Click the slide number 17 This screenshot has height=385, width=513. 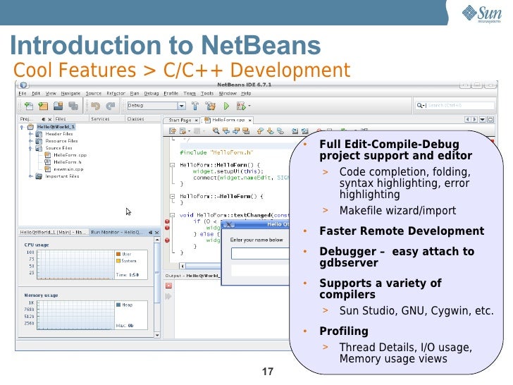pyautogui.click(x=267, y=372)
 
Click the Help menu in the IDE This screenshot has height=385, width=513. pyautogui.click(x=246, y=93)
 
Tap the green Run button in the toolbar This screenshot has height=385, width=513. pyautogui.click(x=226, y=106)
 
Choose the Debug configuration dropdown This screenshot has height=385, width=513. pyautogui.click(x=156, y=106)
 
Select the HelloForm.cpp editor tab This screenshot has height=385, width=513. pyautogui.click(x=225, y=120)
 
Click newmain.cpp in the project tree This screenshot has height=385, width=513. pyautogui.click(x=69, y=170)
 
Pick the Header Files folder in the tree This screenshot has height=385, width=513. pyautogui.click(x=58, y=134)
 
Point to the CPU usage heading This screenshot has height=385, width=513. pyautogui.click(x=37, y=245)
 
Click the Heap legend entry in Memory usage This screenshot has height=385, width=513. pyautogui.click(x=127, y=305)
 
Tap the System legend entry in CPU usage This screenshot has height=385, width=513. pyautogui.click(x=129, y=260)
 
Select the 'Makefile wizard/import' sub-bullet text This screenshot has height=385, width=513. pyautogui.click(x=397, y=211)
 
